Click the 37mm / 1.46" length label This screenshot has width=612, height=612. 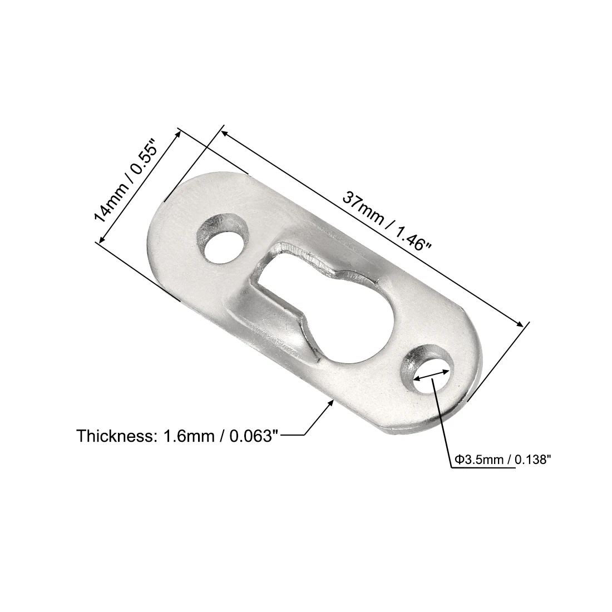tap(387, 228)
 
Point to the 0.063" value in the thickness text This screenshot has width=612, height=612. tap(249, 436)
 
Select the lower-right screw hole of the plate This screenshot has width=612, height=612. tap(430, 374)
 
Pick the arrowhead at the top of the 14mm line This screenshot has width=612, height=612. tap(177, 133)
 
